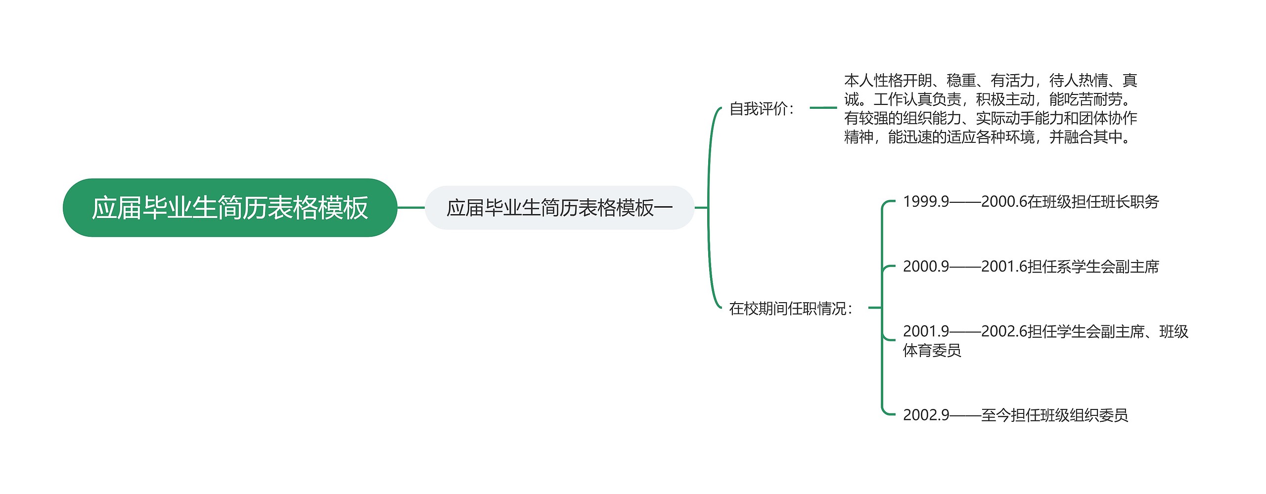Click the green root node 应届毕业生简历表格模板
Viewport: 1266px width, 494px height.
click(230, 208)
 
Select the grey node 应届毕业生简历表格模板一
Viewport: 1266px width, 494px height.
click(559, 208)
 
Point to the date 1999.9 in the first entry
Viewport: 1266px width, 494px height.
click(926, 202)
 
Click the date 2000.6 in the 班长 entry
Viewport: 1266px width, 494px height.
click(1004, 202)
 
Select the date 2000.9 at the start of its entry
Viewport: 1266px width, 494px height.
click(926, 267)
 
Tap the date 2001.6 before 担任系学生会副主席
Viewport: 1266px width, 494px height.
click(1004, 267)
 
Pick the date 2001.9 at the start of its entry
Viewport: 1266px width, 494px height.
click(926, 331)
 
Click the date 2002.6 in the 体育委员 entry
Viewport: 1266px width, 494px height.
click(1004, 331)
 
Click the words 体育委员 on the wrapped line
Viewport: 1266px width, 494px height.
click(932, 351)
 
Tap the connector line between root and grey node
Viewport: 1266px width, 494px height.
click(411, 208)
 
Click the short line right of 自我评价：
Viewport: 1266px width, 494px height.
click(823, 107)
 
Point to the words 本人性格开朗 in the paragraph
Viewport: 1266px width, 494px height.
click(888, 80)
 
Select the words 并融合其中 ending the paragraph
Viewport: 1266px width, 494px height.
click(1085, 137)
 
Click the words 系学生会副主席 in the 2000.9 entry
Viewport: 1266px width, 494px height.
click(1108, 267)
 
